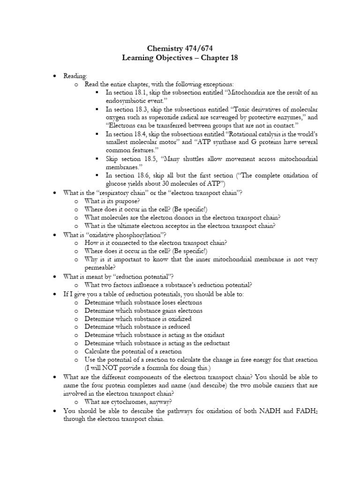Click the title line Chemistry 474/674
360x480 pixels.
(180, 48)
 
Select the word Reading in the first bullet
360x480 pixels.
(74, 75)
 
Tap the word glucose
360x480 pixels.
(117, 184)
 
